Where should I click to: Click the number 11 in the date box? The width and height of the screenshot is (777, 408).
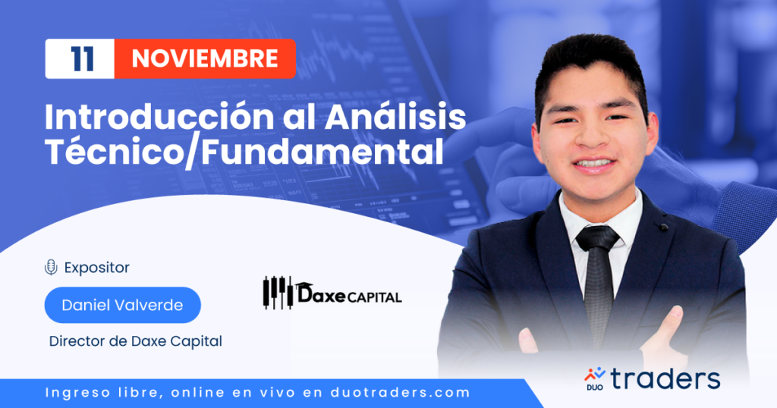[82, 59]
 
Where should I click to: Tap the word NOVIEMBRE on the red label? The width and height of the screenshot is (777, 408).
[205, 59]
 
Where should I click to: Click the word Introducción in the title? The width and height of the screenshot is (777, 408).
[159, 117]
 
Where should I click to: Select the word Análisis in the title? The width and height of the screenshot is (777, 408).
[395, 117]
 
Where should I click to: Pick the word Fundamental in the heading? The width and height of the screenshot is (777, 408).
[322, 151]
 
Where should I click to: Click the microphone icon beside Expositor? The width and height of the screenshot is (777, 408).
[51, 268]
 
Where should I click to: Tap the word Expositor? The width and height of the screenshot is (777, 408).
[96, 268]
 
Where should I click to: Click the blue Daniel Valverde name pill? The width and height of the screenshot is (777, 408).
[122, 305]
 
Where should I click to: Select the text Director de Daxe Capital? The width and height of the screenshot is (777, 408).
[135, 341]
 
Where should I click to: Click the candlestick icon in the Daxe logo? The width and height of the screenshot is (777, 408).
[278, 293]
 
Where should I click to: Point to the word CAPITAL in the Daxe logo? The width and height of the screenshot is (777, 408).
[374, 297]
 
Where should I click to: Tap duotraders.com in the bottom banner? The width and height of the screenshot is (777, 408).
[400, 393]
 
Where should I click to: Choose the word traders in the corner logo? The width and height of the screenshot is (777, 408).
[665, 378]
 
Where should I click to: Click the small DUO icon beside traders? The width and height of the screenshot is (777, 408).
[595, 378]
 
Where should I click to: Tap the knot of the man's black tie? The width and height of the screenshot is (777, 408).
[597, 238]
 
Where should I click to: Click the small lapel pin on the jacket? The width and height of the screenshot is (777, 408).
[664, 227]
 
